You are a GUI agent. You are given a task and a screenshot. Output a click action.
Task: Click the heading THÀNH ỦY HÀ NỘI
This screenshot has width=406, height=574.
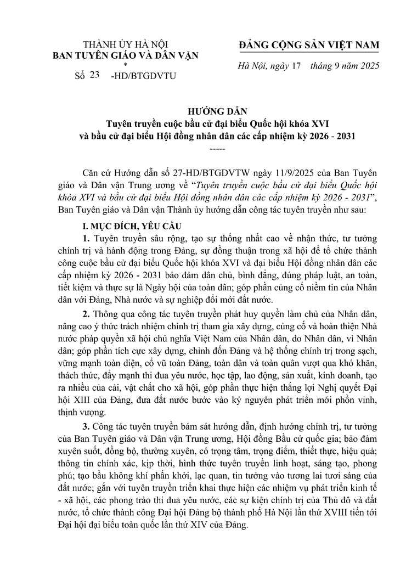pos(125,44)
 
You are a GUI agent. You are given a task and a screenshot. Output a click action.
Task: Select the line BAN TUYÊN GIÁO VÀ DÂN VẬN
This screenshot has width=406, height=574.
pos(125,54)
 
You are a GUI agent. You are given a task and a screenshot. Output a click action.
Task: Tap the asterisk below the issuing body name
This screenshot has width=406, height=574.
pos(125,64)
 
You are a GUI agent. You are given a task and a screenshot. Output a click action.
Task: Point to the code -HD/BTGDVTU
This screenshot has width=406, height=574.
pos(143,77)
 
